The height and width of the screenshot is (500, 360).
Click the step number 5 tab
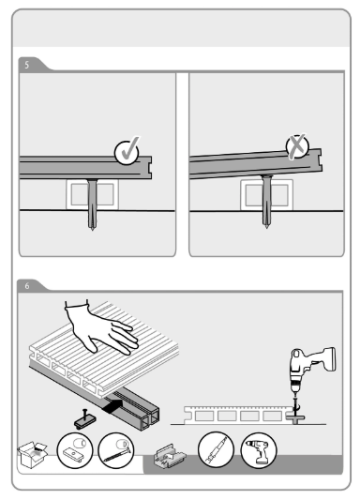(x=27, y=65)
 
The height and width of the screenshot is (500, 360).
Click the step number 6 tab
(x=27, y=286)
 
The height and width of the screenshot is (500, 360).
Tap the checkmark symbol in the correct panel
(x=127, y=151)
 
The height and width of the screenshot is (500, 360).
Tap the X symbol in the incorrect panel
(x=297, y=146)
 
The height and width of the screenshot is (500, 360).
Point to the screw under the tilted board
(x=266, y=201)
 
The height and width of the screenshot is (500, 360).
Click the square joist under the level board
(x=92, y=194)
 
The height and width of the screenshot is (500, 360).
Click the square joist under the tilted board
(x=266, y=194)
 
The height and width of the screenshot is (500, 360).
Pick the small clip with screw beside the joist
(x=85, y=418)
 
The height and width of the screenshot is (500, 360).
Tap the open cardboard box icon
(x=32, y=454)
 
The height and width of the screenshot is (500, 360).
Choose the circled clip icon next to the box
(x=75, y=450)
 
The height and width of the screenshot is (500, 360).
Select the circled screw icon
(x=116, y=450)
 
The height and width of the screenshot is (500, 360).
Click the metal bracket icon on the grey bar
(x=170, y=456)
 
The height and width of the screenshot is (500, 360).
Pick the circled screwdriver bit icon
(x=216, y=449)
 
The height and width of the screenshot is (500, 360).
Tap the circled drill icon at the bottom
(x=259, y=450)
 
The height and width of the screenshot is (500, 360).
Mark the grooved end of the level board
(x=147, y=167)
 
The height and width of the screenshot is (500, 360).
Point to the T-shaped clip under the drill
(x=295, y=417)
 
